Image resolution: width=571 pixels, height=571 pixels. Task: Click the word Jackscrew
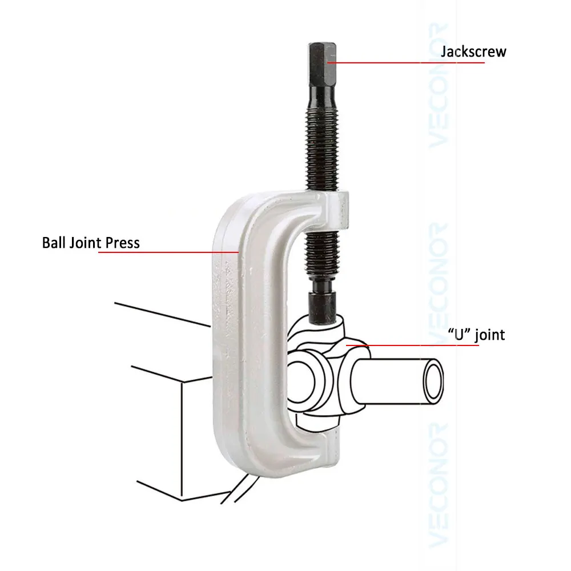tap(473, 52)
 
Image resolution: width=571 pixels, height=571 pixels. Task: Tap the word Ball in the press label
tap(54, 242)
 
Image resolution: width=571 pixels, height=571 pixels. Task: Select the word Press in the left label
tap(122, 243)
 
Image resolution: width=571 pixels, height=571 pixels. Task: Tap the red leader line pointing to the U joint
tap(423, 345)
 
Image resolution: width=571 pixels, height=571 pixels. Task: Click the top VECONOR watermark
tap(440, 86)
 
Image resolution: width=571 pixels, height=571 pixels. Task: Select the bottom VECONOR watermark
tap(440, 485)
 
